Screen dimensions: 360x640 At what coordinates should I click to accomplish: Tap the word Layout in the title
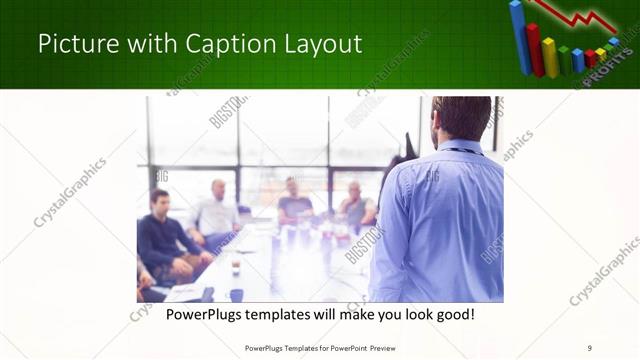(x=323, y=45)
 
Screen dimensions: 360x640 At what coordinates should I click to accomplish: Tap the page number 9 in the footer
(x=590, y=348)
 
